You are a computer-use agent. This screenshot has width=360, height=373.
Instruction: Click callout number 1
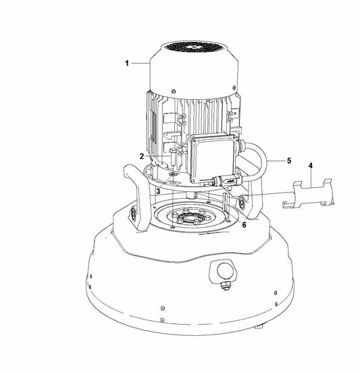(127, 63)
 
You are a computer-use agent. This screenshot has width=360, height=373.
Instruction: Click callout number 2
(142, 156)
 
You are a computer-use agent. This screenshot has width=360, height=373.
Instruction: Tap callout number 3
(158, 191)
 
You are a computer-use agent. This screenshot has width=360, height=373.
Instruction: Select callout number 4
(311, 166)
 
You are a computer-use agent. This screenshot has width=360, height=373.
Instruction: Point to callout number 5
(289, 161)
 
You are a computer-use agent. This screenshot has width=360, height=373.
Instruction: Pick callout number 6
(244, 224)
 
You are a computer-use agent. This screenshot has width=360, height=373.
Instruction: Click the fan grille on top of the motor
(193, 48)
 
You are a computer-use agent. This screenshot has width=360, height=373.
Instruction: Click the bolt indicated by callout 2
(173, 157)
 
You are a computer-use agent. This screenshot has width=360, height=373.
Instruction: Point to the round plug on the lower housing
(225, 271)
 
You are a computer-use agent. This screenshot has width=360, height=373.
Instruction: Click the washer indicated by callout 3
(172, 175)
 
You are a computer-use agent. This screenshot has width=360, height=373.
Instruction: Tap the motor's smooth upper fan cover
(193, 71)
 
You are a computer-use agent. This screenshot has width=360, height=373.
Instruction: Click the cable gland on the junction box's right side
(240, 144)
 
